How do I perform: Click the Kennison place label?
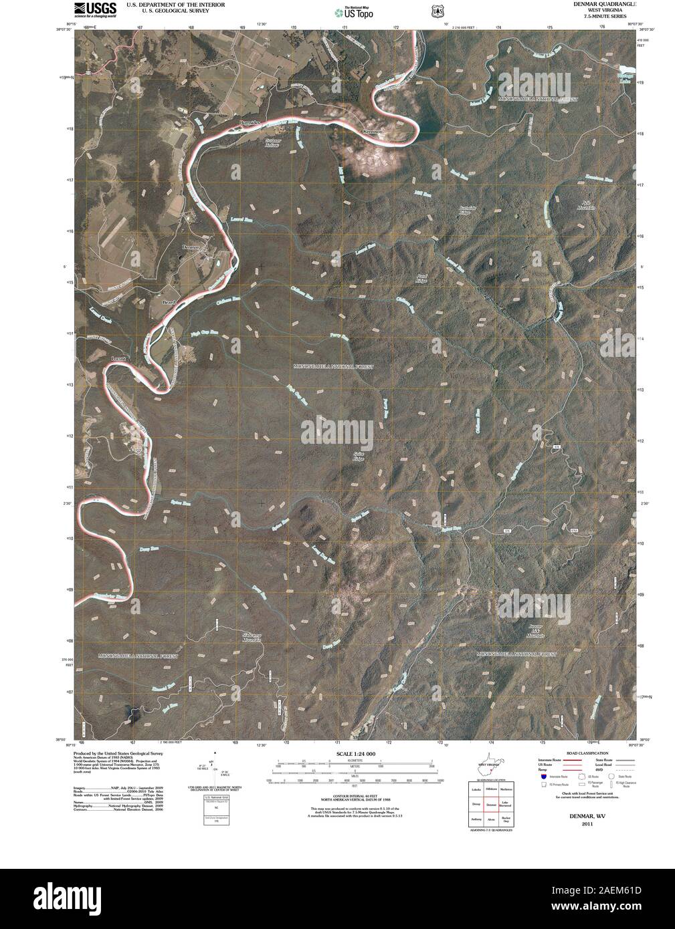[372, 132]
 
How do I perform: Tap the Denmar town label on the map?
[191, 247]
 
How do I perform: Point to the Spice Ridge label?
[358, 456]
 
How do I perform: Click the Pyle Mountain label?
[585, 205]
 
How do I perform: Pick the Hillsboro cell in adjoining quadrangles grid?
[491, 790]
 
